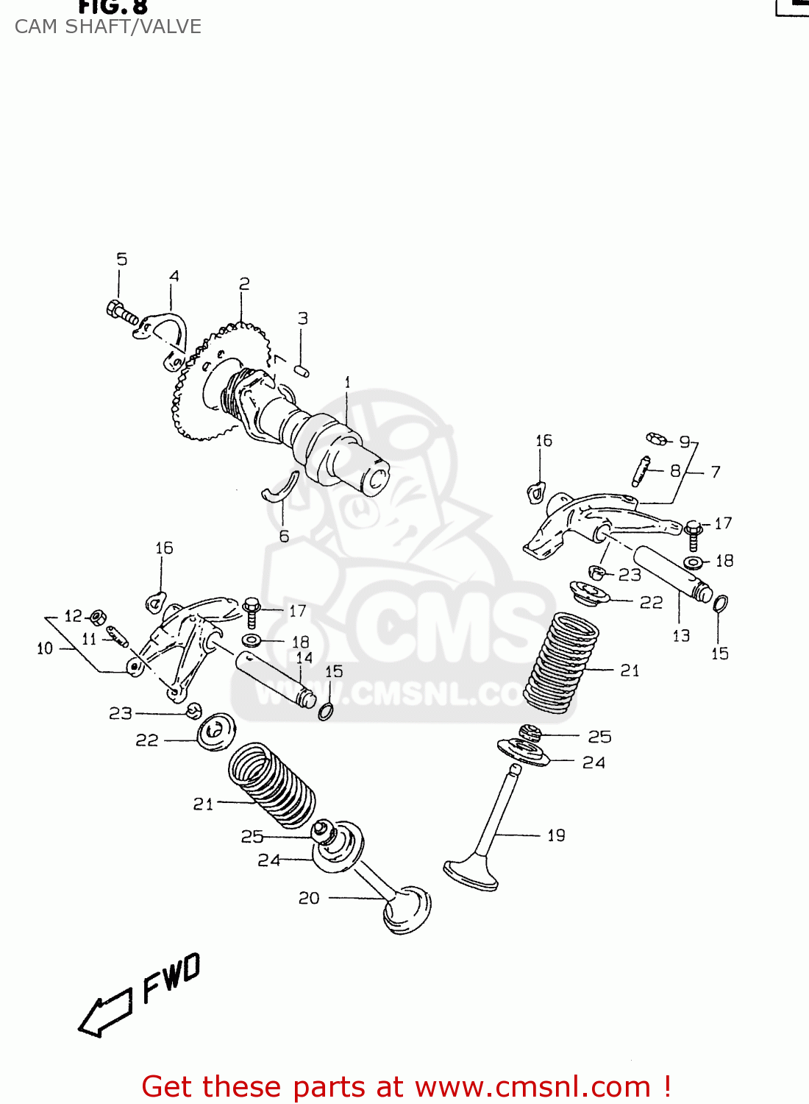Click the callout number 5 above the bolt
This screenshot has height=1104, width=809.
coord(121,259)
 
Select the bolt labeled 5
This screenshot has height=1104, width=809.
coord(122,311)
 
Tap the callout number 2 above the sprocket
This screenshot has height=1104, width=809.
coord(244,284)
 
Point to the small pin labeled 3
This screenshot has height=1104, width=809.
coord(301,370)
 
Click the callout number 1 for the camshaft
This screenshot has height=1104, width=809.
coord(347,383)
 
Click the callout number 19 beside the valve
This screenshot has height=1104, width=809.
coord(556,835)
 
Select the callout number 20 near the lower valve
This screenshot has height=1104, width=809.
coord(309,898)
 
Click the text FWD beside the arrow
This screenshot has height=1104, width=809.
coord(171,978)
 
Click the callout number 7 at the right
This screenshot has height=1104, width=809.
coord(716,472)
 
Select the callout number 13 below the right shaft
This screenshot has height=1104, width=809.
coord(681,635)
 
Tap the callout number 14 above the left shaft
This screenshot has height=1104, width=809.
coord(304,657)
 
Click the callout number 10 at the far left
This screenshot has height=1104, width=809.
coord(45,648)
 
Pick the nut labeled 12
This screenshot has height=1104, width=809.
coord(96,617)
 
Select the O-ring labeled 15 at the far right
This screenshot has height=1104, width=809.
coord(721,605)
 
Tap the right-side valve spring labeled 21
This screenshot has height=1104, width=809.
coord(563,662)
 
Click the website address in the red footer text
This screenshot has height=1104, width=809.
coord(532,1087)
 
